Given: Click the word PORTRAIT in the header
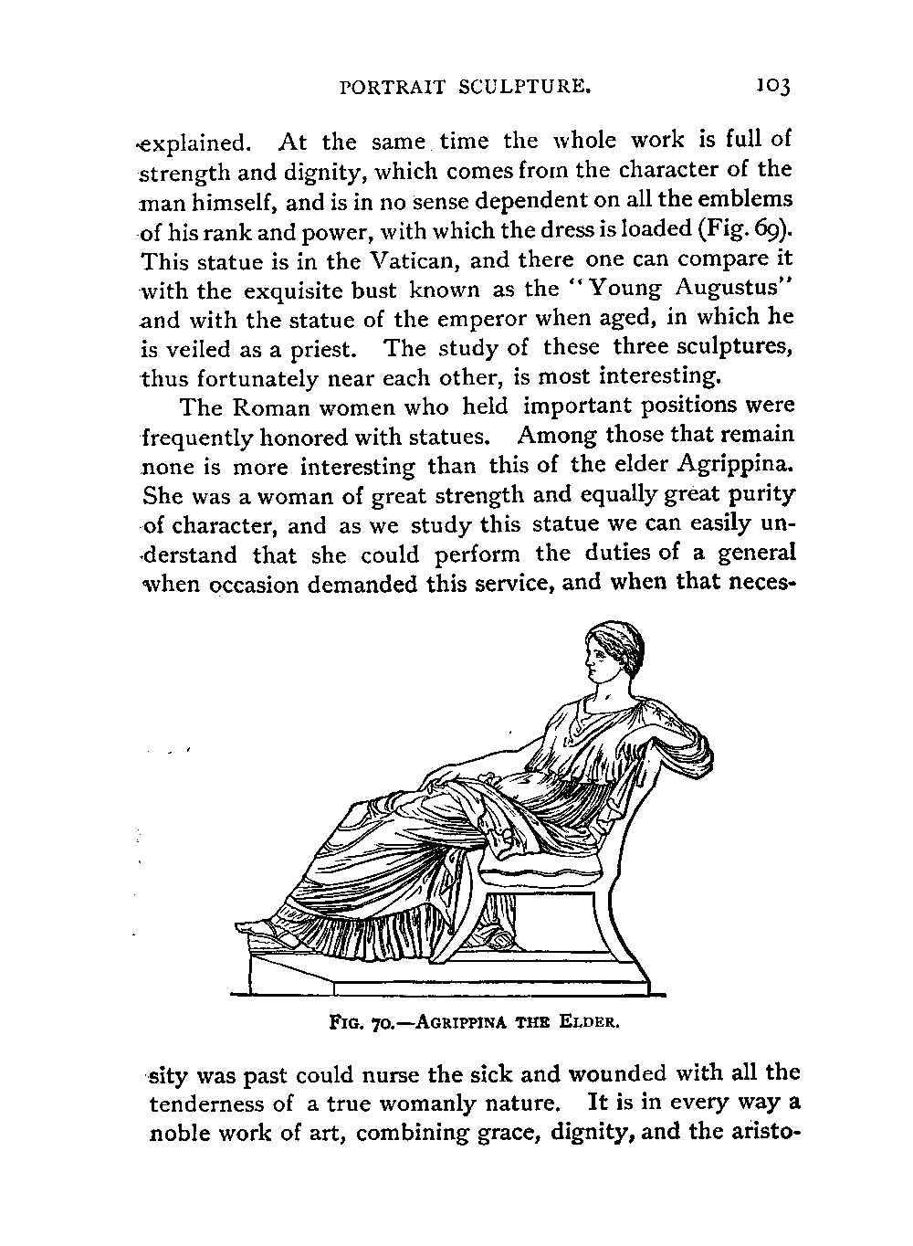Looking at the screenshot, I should coord(393,88).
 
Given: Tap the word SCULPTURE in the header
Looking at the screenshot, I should coord(528,88).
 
